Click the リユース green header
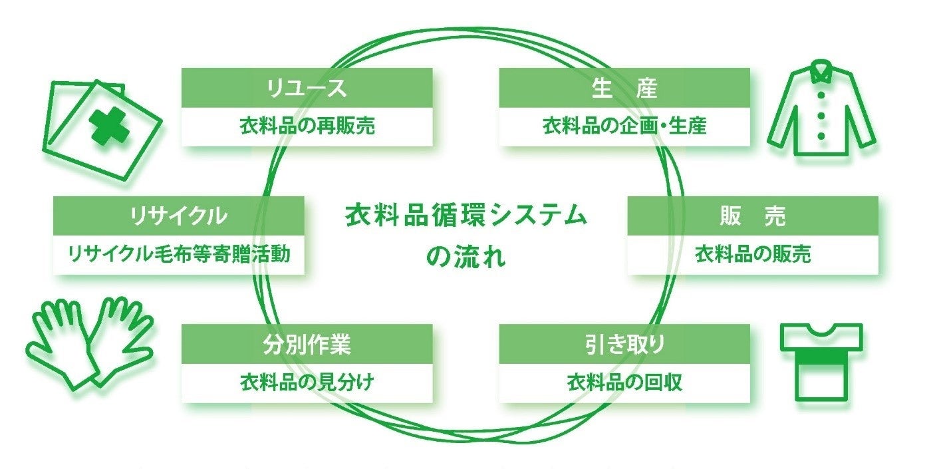(307, 88)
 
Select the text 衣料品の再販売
(307, 126)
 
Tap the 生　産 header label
(624, 88)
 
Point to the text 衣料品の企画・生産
(624, 126)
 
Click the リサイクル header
(178, 216)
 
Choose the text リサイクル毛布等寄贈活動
(178, 253)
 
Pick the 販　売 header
(752, 216)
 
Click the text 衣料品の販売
(752, 253)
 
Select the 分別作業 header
(307, 344)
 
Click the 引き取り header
(624, 344)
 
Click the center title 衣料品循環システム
(466, 217)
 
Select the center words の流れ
(466, 257)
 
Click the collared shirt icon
(821, 110)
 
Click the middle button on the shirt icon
(821, 116)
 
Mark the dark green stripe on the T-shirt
(821, 360)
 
